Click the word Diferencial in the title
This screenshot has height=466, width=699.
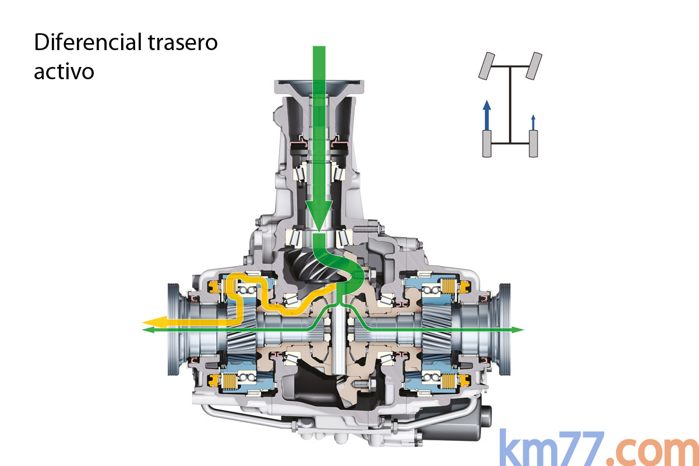tap(88, 42)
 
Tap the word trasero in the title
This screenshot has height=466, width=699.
tap(183, 43)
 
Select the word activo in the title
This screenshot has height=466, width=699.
tap(64, 71)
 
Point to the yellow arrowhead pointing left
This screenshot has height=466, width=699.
tap(154, 321)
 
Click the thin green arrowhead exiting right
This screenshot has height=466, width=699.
tap(517, 330)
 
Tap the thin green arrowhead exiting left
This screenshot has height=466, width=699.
tap(148, 330)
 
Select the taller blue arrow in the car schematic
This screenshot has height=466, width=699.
tap(486, 115)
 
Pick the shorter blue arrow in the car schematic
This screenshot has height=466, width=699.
tap(534, 122)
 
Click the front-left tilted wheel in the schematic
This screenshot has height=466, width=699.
tap(486, 66)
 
